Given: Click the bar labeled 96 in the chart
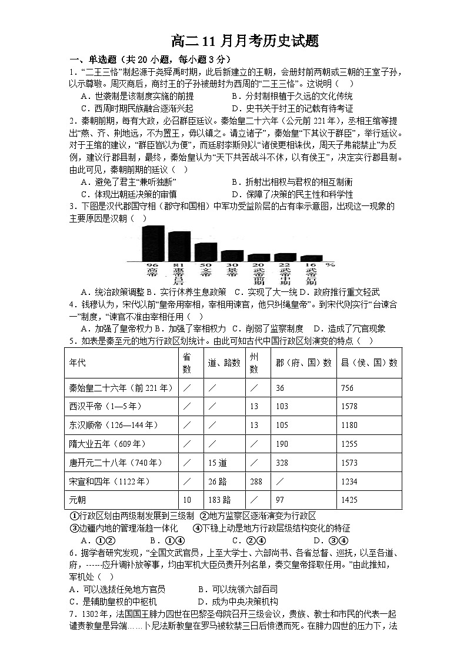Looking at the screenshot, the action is click(x=154, y=243).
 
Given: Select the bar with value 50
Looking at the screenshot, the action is click(x=205, y=252).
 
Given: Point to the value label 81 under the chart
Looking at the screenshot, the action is click(x=179, y=265).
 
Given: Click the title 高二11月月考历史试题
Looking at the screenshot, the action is click(x=244, y=41).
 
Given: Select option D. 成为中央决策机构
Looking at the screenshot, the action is click(x=238, y=602).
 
